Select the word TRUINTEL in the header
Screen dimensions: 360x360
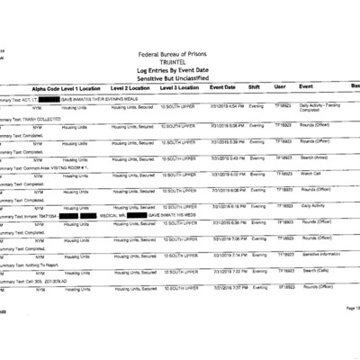coord(179,63)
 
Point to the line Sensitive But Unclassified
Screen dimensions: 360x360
coord(179,78)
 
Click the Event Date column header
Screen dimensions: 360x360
coord(222,88)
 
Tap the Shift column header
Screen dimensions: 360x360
coord(256,88)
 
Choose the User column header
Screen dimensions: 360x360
coord(280,88)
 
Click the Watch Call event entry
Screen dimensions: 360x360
coord(310,174)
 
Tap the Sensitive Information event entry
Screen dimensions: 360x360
coord(323,255)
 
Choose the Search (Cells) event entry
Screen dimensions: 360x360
coord(315,271)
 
